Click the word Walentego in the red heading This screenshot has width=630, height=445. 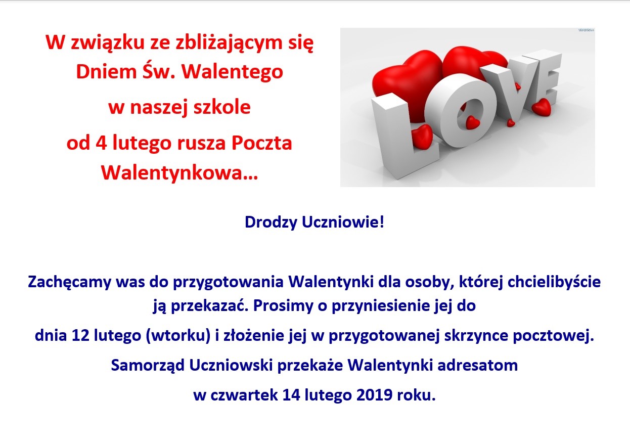[232, 71]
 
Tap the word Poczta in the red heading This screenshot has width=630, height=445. [262, 143]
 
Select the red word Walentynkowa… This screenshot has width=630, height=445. [179, 172]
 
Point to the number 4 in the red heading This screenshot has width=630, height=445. [101, 143]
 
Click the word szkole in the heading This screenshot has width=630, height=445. [222, 107]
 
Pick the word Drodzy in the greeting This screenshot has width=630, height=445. [271, 222]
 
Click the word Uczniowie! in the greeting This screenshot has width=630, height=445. [343, 222]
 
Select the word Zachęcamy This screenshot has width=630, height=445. [70, 282]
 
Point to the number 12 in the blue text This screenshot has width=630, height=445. [80, 336]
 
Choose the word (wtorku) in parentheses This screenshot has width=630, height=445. [178, 336]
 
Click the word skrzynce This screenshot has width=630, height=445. [476, 336]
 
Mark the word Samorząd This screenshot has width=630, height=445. [148, 366]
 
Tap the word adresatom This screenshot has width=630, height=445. [478, 366]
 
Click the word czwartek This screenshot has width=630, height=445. [244, 395]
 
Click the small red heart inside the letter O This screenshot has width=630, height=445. [472, 122]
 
